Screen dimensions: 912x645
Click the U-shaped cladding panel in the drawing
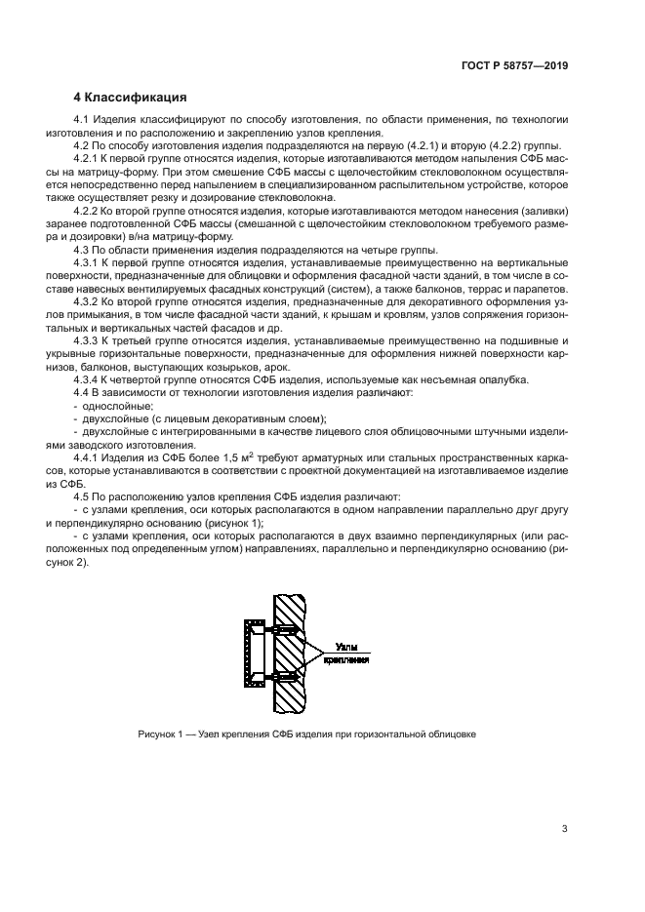pyautogui.click(x=248, y=654)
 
